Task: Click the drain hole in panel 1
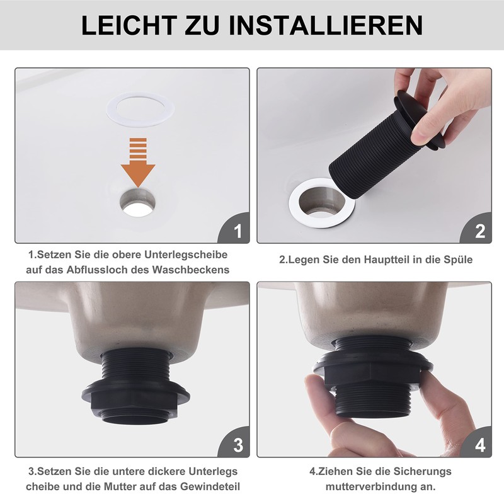[x=138, y=201]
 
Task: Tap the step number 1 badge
[x=236, y=231]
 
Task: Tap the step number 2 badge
[x=479, y=231]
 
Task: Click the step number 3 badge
[x=236, y=445]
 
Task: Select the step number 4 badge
[x=479, y=445]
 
